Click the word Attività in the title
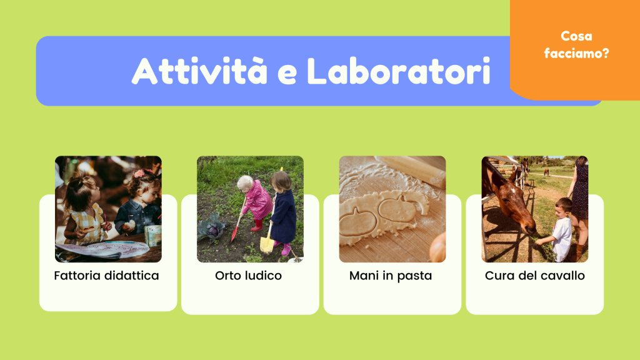point(199,71)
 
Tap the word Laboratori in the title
point(398,71)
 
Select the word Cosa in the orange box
point(576,36)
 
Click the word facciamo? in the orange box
point(576,53)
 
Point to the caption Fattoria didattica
point(106,276)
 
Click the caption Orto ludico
point(248,276)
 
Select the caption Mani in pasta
point(391,276)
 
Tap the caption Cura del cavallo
point(535,276)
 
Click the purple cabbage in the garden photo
point(213,229)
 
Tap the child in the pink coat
point(255,202)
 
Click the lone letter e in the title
point(287,74)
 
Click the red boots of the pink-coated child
point(257,225)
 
